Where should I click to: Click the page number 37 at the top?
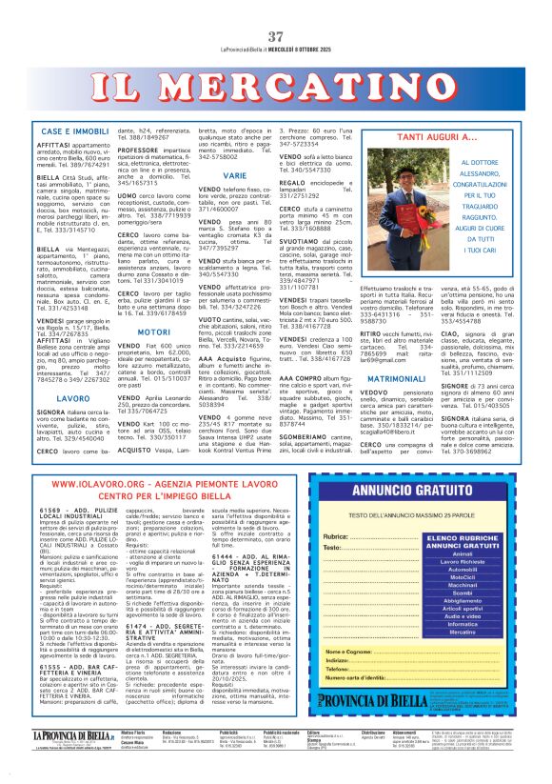[x=277, y=10]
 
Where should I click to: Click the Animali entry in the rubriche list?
[x=462, y=553]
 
